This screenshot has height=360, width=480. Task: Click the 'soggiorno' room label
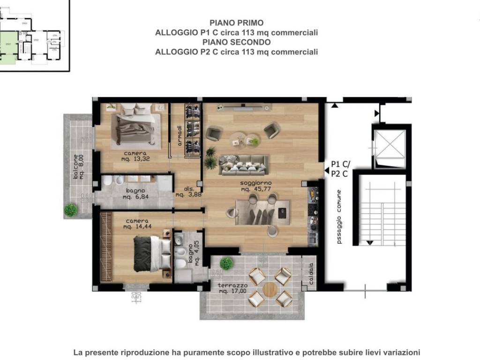pyautogui.click(x=255, y=183)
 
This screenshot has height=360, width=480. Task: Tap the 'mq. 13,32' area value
pyautogui.click(x=135, y=159)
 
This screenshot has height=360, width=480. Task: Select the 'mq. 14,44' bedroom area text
pyautogui.click(x=136, y=227)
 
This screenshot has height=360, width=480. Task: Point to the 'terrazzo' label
pyautogui.click(x=232, y=285)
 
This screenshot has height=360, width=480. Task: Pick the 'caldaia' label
pyautogui.click(x=311, y=273)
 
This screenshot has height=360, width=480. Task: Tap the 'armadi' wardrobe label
pyautogui.click(x=179, y=135)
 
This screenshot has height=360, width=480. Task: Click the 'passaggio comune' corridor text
pyautogui.click(x=339, y=217)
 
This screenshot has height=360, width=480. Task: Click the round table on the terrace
pyautogui.click(x=270, y=289)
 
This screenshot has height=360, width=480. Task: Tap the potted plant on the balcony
pyautogui.click(x=71, y=210)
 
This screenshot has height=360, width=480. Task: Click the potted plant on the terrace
pyautogui.click(x=226, y=263)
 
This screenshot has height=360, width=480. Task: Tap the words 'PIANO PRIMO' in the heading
pyautogui.click(x=236, y=22)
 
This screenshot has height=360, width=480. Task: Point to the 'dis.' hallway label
pyautogui.click(x=181, y=189)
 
